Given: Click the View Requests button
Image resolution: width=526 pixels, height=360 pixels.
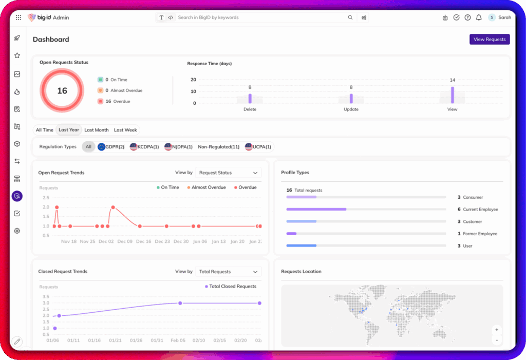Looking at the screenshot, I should click(489, 39).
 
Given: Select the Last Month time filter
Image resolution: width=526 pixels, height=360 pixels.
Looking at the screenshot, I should click(97, 130).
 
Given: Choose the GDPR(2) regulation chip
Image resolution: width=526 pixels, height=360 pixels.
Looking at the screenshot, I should click(111, 147).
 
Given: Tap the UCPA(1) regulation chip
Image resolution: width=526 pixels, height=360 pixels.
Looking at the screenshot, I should click(259, 147).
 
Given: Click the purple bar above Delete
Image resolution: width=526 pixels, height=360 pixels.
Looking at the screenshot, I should click(250, 98).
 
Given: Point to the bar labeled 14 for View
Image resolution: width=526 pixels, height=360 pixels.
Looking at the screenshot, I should click(453, 95).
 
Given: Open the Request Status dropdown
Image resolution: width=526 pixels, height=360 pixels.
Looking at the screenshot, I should click(228, 173).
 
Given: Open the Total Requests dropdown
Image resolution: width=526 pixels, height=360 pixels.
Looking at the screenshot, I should click(228, 272).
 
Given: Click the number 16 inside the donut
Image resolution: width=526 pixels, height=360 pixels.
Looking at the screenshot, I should click(62, 91).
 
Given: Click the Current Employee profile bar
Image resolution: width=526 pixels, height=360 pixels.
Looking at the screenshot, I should click(316, 210).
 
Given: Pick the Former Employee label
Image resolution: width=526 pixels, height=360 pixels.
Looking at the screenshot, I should click(480, 234).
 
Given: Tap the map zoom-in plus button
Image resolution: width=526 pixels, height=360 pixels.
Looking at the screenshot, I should click(496, 330).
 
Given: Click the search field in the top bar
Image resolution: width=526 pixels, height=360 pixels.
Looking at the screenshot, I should click(259, 17).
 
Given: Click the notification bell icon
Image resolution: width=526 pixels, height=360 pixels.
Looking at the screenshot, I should click(479, 17).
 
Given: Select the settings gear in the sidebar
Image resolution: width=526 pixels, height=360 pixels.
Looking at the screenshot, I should click(17, 231).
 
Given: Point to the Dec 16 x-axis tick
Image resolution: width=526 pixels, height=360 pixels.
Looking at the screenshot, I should click(143, 241).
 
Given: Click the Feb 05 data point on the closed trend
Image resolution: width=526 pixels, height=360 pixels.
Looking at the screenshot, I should click(180, 303).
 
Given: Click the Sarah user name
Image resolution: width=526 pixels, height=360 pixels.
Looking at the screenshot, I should click(504, 17).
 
